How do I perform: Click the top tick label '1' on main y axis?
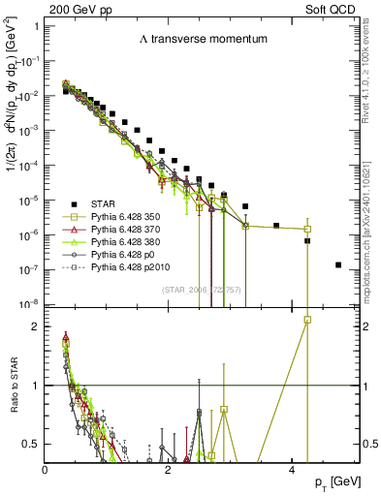[x=36, y=26]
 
